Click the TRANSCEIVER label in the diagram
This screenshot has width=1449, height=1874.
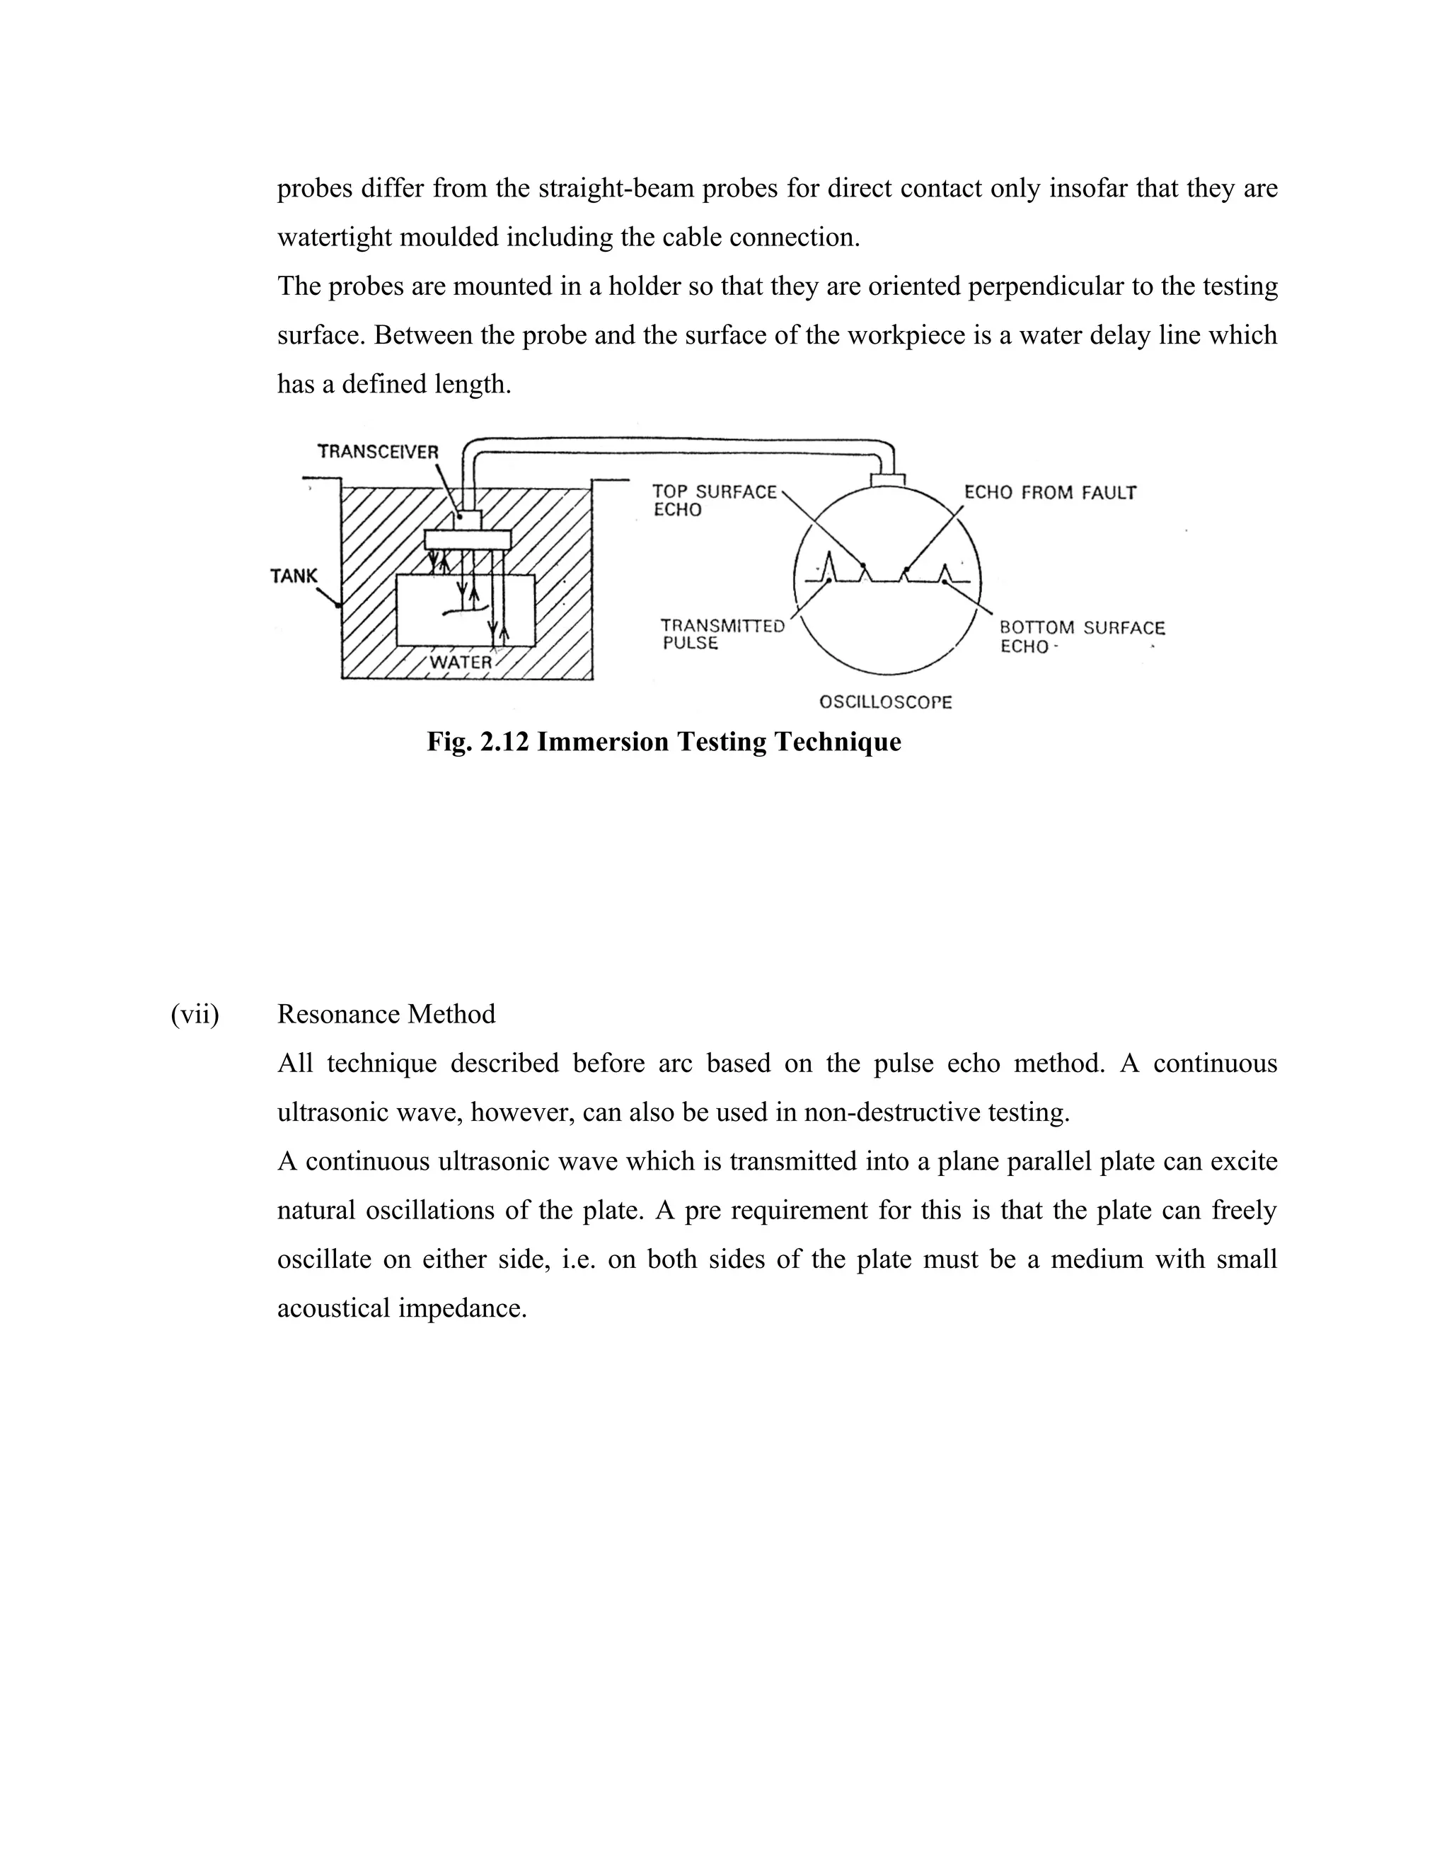tap(378, 451)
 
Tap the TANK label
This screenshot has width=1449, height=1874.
tap(294, 576)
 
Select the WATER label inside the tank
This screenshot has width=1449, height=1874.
tap(461, 663)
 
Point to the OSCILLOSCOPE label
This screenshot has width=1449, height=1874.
tap(885, 702)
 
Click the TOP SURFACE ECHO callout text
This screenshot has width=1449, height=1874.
tap(713, 500)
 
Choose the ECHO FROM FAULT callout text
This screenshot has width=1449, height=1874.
tap(1050, 492)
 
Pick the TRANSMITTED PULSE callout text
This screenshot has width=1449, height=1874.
tap(722, 634)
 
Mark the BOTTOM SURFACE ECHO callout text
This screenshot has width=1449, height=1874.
tap(1082, 636)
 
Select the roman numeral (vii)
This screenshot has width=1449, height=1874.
tap(195, 1014)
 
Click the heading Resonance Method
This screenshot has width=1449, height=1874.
tap(386, 1014)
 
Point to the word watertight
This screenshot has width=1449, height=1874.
tap(335, 238)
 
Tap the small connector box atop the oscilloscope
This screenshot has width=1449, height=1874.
tap(888, 478)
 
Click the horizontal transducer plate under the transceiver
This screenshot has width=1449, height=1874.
tap(468, 539)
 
